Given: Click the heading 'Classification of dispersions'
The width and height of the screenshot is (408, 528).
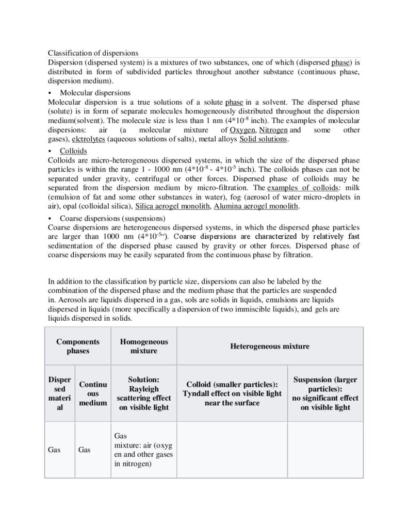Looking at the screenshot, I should pyautogui.click(x=93, y=53).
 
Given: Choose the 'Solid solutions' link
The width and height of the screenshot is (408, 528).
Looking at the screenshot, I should pyautogui.click(x=265, y=139).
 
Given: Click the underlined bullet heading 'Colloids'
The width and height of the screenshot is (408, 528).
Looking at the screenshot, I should pyautogui.click(x=73, y=151).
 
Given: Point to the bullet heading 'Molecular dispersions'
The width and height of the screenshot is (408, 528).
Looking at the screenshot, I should pyautogui.click(x=95, y=93).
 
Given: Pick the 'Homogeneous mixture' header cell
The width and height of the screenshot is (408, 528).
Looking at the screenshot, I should pyautogui.click(x=143, y=346).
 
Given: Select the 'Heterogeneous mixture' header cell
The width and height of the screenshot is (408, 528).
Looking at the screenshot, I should pyautogui.click(x=269, y=346).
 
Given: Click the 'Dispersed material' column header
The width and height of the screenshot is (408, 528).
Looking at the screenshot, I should pyautogui.click(x=59, y=393).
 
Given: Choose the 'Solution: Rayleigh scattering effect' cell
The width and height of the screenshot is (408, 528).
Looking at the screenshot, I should pyautogui.click(x=143, y=393).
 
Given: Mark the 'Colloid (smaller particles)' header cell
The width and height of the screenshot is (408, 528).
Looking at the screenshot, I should pyautogui.click(x=232, y=393).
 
